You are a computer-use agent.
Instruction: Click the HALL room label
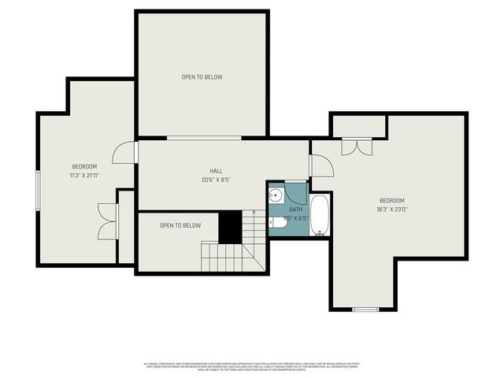(x=216, y=171)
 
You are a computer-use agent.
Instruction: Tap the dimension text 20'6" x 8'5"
(x=216, y=180)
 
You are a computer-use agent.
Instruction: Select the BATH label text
(x=295, y=209)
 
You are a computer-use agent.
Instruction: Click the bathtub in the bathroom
(x=321, y=215)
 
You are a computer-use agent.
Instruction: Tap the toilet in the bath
(x=274, y=224)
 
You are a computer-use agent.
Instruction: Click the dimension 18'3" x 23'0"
(x=391, y=209)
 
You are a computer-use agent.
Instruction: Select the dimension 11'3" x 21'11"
(x=84, y=176)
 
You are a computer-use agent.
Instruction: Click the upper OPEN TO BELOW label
(x=202, y=77)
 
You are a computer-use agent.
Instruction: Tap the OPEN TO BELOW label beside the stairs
(x=180, y=226)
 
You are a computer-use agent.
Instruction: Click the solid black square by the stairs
(x=229, y=228)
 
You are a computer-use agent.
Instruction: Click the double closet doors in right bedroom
(x=356, y=146)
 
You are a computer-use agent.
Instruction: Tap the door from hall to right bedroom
(x=321, y=165)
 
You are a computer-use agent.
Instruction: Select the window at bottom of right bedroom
(x=365, y=309)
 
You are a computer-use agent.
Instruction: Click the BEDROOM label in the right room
(x=391, y=200)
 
